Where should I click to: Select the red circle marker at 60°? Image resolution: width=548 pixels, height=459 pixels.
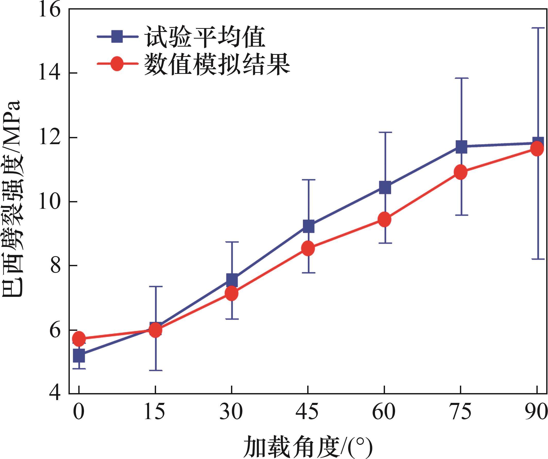(385, 219)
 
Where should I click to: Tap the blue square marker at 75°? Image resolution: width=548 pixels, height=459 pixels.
(461, 146)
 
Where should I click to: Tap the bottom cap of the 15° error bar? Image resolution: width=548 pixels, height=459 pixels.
(156, 370)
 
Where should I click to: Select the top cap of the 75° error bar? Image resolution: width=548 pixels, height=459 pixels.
(461, 78)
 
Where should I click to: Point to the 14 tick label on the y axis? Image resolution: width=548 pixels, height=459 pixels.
(50, 74)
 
